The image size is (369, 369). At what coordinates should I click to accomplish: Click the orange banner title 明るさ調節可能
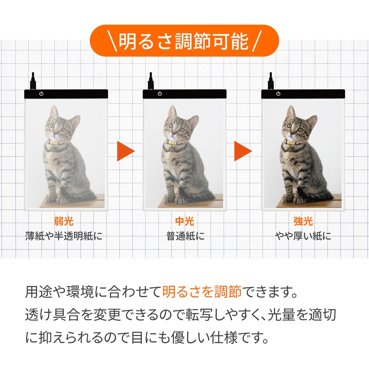tap(184, 41)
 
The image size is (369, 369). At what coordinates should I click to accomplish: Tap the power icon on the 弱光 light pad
tap(41, 93)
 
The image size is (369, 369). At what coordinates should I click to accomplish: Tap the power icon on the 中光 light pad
tap(160, 93)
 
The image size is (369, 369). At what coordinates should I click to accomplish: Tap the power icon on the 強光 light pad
tap(278, 93)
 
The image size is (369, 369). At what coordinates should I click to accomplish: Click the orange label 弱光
tap(64, 221)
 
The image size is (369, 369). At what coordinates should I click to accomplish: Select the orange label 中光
tap(184, 221)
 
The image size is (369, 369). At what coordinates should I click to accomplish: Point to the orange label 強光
tap(303, 221)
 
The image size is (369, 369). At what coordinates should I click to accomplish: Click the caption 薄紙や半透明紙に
tap(64, 236)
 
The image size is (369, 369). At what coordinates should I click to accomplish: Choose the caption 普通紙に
tap(185, 236)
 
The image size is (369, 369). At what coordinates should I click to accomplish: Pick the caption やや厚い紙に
tap(303, 236)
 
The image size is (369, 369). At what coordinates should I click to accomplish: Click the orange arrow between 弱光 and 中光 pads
tap(126, 151)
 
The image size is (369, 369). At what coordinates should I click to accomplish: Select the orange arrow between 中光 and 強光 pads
tap(243, 151)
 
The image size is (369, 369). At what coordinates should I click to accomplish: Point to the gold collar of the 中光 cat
tap(173, 142)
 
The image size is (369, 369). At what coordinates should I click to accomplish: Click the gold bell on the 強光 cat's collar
tap(288, 147)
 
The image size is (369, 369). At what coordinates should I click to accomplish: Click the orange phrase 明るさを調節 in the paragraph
tap(202, 292)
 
